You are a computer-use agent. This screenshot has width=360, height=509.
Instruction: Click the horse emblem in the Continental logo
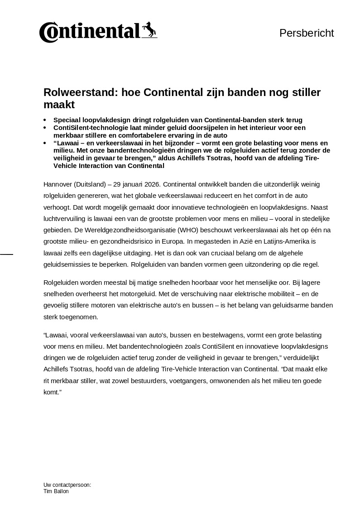coord(149,30)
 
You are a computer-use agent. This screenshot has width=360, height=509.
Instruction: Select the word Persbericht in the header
coord(307,33)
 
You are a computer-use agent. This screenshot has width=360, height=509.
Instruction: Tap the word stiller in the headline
coord(304,93)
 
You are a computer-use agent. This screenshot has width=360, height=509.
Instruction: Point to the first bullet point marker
coord(45,120)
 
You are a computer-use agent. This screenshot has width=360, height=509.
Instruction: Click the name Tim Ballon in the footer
coord(56,491)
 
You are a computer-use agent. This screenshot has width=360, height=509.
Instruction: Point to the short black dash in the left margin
coord(6,254)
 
